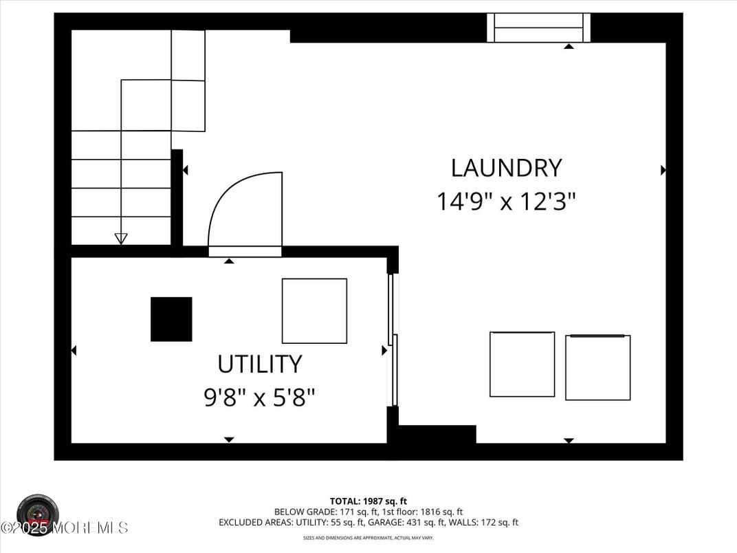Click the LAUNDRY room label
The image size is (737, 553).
tap(506, 168)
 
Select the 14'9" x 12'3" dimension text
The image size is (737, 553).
tap(506, 202)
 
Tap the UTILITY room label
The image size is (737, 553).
tap(259, 363)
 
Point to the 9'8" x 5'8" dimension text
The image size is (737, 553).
tap(259, 397)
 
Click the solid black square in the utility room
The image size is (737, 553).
tap(171, 319)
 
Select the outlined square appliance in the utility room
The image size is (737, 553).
tap(314, 311)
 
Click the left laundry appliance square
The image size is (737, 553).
tap(522, 364)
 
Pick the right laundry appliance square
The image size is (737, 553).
tap(597, 367)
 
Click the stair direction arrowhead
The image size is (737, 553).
tap(121, 239)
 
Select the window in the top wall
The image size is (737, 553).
tap(538, 28)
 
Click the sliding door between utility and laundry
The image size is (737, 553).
tap(393, 340)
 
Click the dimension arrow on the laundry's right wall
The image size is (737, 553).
tap(663, 170)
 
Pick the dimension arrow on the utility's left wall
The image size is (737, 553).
tap(74, 351)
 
